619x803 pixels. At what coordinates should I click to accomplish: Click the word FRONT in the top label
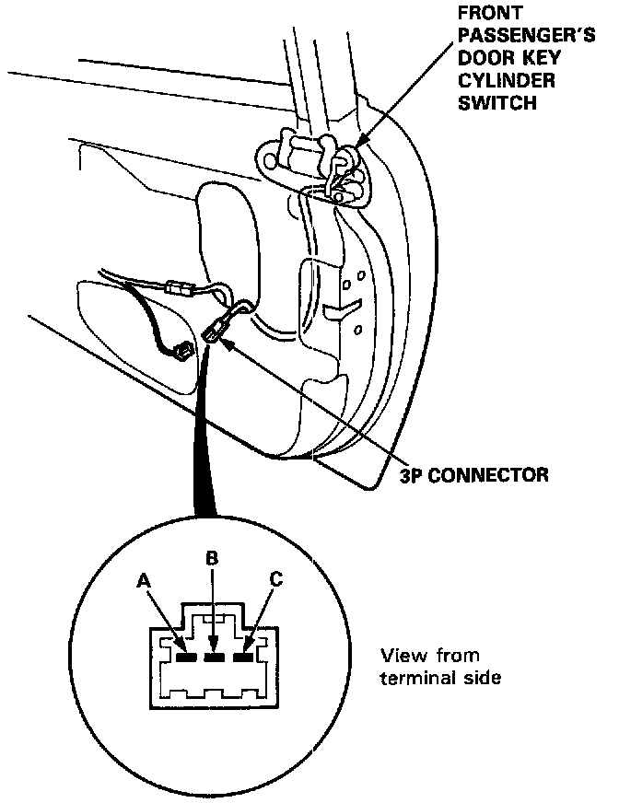491,14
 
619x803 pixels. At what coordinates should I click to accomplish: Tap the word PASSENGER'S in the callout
515,36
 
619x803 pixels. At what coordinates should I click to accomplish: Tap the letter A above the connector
143,581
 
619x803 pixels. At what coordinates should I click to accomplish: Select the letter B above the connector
211,558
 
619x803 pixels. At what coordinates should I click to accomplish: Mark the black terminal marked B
214,658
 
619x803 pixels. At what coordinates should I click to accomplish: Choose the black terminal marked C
243,658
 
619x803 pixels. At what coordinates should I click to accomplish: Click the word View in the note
399,656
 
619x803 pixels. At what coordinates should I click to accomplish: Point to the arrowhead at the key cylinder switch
360,143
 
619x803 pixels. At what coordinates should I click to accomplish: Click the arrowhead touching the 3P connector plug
230,340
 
